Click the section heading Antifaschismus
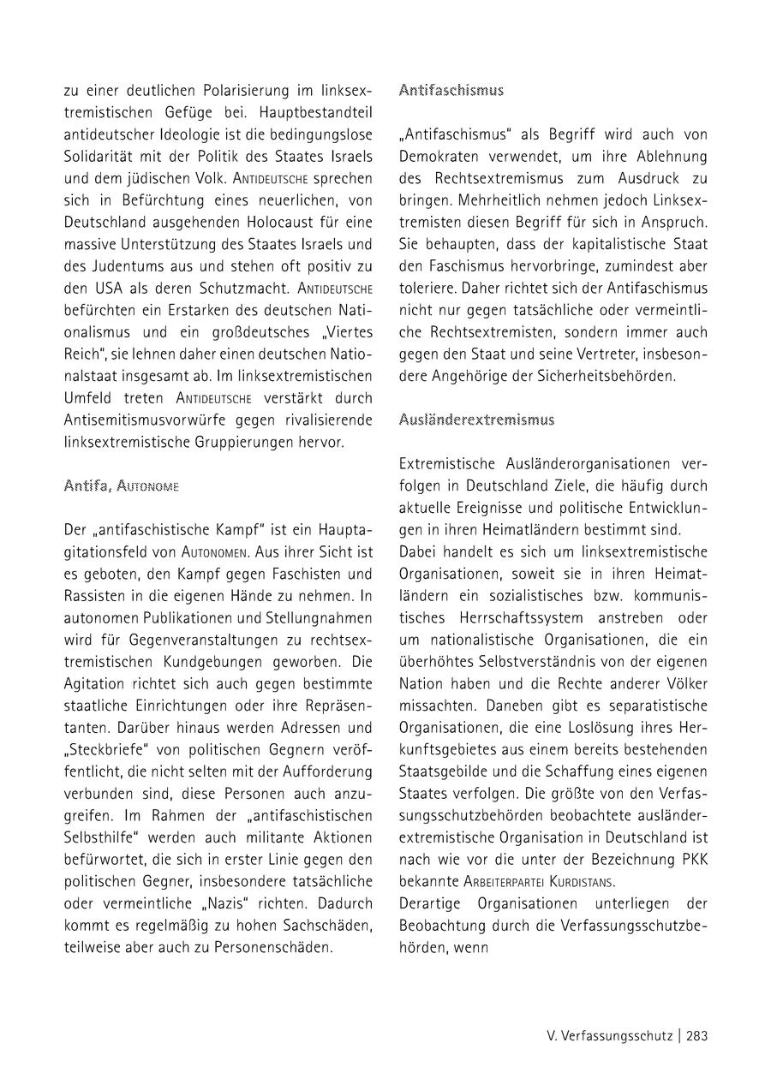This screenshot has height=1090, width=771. pos(451,90)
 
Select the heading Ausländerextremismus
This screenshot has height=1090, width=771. pos(477,420)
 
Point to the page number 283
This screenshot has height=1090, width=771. pos(696,1035)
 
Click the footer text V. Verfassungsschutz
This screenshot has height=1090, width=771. pos(610,1035)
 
